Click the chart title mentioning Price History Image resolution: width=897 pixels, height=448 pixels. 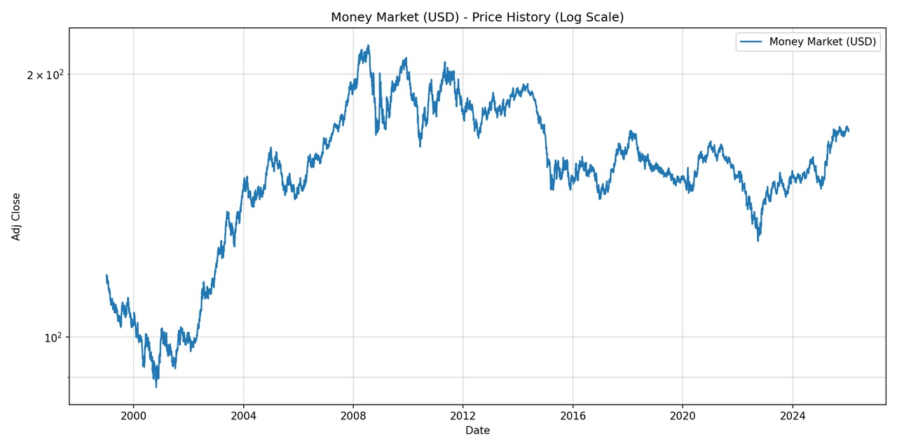click(477, 17)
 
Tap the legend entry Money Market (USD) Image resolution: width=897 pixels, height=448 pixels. click(822, 42)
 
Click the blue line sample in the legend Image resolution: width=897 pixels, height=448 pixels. click(751, 42)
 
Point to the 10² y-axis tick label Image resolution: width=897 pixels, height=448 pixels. click(53, 338)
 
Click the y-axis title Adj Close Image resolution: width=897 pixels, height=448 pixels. click(16, 216)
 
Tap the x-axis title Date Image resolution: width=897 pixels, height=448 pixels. click(477, 430)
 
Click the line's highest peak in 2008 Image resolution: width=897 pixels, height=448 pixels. click(368, 46)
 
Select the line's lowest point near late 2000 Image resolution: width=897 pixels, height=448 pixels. click(156, 386)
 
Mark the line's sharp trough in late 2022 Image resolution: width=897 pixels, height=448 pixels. click(758, 241)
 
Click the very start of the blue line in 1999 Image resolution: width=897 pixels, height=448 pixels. click(107, 276)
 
